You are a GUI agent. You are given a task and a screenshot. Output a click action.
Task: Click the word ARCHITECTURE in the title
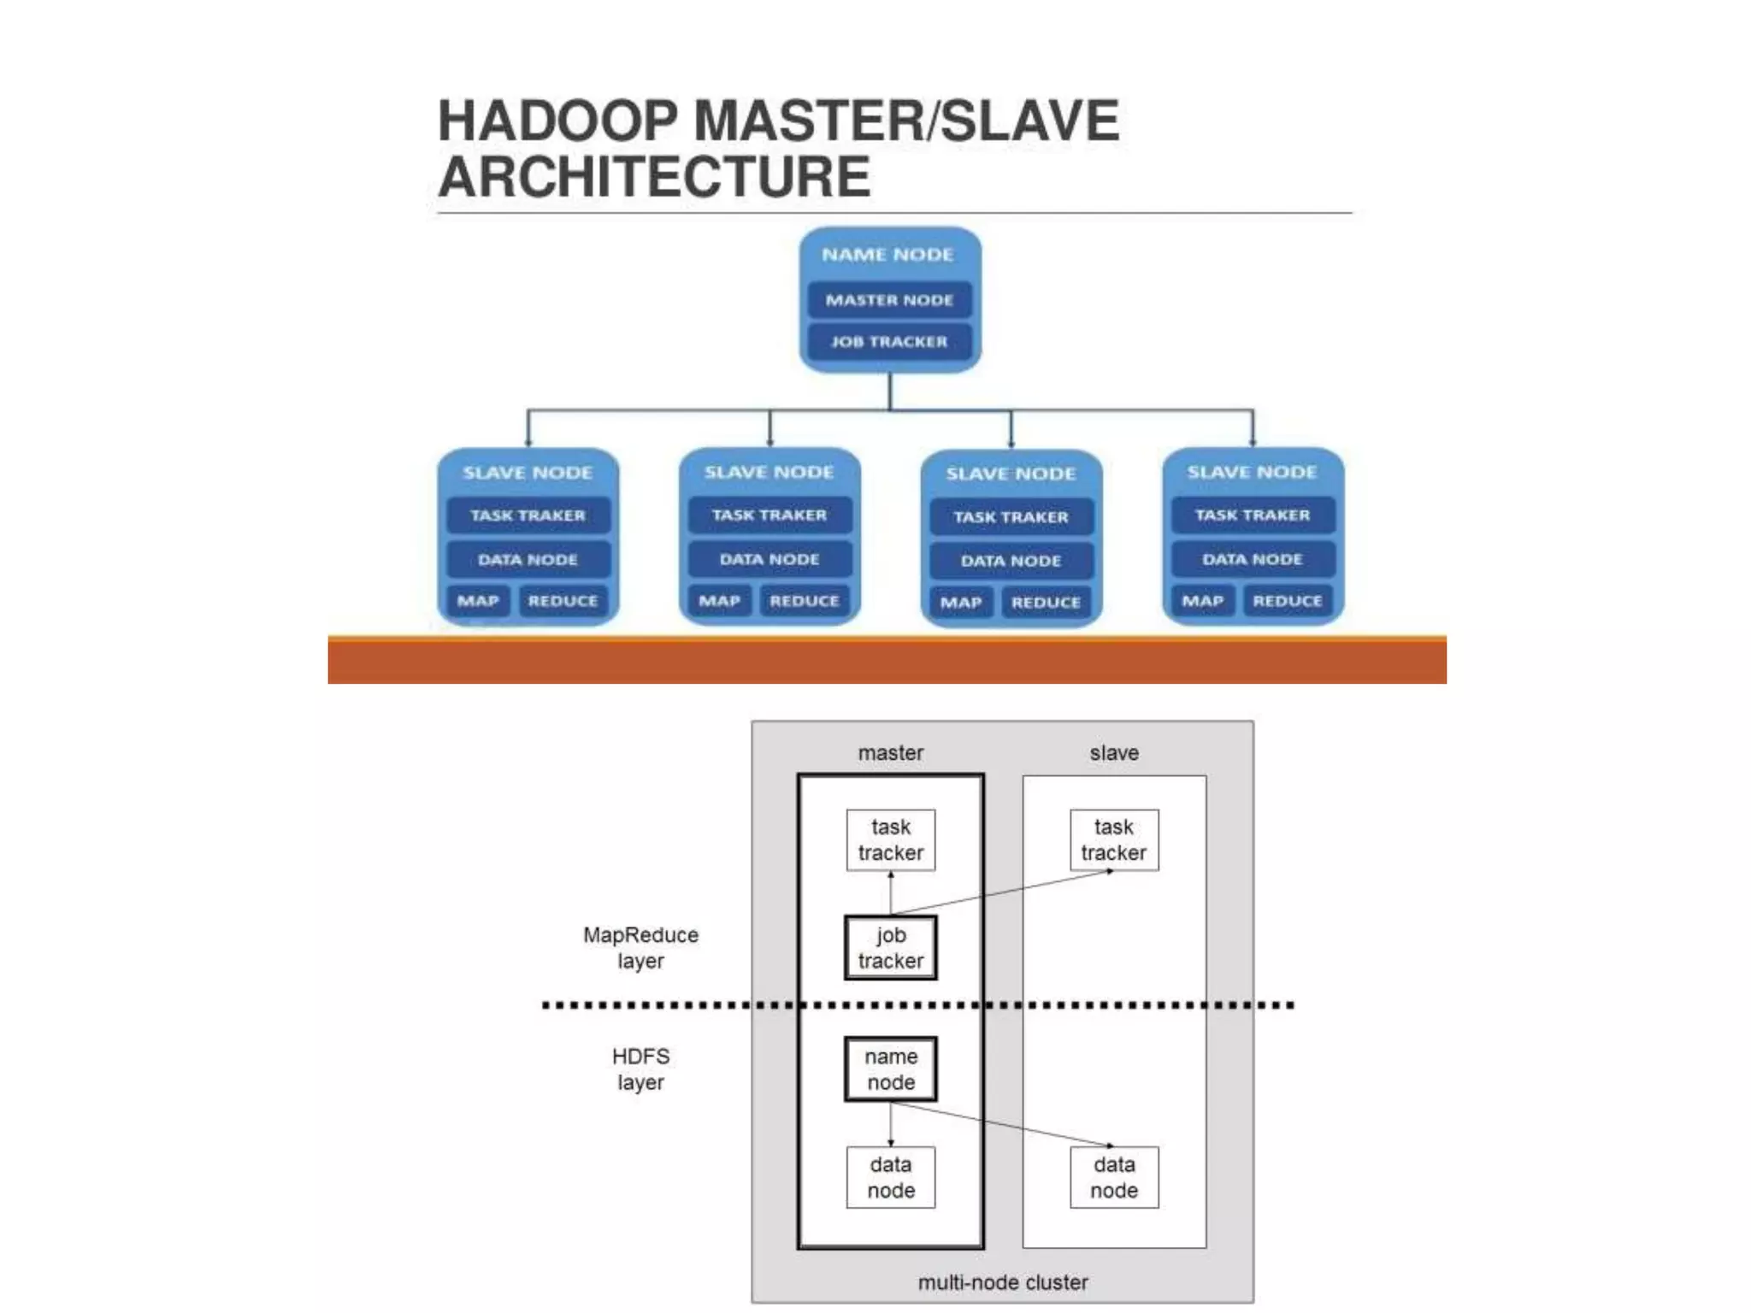(x=654, y=177)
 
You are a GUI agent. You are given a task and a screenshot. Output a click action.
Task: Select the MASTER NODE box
(x=889, y=300)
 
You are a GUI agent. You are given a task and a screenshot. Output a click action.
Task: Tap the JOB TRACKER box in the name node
(x=889, y=342)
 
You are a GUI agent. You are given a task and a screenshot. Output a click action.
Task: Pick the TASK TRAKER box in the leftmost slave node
(x=528, y=515)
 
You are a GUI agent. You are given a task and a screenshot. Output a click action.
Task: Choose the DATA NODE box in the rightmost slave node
(x=1252, y=559)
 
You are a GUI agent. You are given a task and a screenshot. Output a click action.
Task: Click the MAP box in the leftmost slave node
(x=478, y=601)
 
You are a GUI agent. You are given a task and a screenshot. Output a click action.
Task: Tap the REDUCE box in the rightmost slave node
(x=1287, y=601)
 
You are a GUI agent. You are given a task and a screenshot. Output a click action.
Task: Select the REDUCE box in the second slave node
(x=804, y=601)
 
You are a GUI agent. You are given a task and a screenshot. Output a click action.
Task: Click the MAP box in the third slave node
(x=961, y=603)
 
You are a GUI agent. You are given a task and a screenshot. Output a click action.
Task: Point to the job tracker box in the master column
(x=890, y=947)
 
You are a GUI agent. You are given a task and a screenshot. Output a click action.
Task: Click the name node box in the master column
(x=890, y=1069)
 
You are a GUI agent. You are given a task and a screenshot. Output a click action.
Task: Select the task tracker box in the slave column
(x=1113, y=839)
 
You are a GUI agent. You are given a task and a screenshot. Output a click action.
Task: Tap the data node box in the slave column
(x=1113, y=1177)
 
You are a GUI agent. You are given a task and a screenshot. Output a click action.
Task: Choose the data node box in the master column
(x=890, y=1177)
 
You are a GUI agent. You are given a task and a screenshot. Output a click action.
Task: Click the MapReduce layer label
(x=640, y=947)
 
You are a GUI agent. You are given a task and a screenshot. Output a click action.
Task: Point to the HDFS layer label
(x=640, y=1069)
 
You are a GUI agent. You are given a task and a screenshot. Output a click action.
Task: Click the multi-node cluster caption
(x=1002, y=1282)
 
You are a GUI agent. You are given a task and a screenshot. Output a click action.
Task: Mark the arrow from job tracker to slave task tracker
(x=1000, y=893)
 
